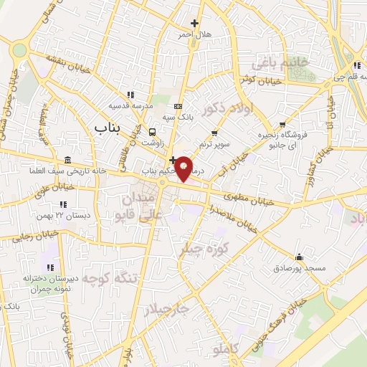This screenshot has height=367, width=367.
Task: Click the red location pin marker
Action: pos(185,168)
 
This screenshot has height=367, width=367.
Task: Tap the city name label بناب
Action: pos(109,127)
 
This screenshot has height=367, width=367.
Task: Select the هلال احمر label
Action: pos(194,34)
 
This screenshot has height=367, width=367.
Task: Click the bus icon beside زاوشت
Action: pos(152,133)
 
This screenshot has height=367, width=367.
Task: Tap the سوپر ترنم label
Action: pos(214,144)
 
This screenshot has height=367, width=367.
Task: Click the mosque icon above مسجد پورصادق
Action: pos(299,257)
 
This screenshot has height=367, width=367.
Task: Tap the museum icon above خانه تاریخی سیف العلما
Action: pos(68,159)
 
